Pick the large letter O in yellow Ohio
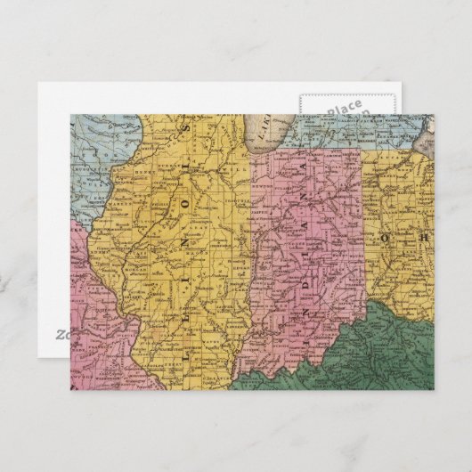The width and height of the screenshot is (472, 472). (386, 239)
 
